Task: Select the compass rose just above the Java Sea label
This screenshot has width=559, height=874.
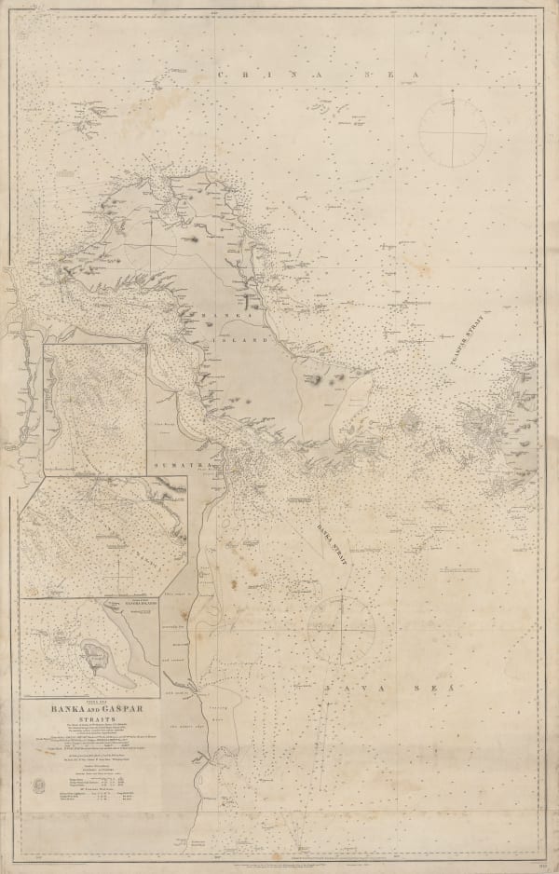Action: (341, 629)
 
